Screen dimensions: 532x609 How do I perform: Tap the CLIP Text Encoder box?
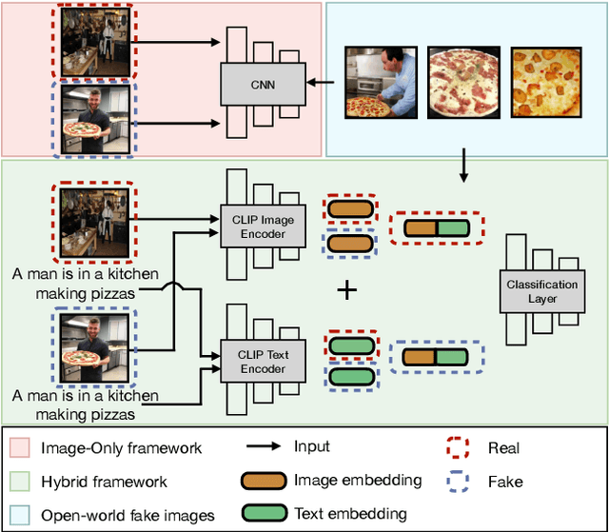pos(255,362)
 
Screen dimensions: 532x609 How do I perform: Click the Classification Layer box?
pos(541,291)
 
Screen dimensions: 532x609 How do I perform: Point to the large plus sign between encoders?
pos(348,289)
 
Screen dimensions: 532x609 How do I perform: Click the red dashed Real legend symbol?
pos(461,448)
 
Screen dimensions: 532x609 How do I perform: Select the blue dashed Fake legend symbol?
pos(461,482)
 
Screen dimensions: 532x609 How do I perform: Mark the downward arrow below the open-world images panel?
pos(463,166)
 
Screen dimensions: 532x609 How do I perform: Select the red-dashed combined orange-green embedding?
pos(437,228)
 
